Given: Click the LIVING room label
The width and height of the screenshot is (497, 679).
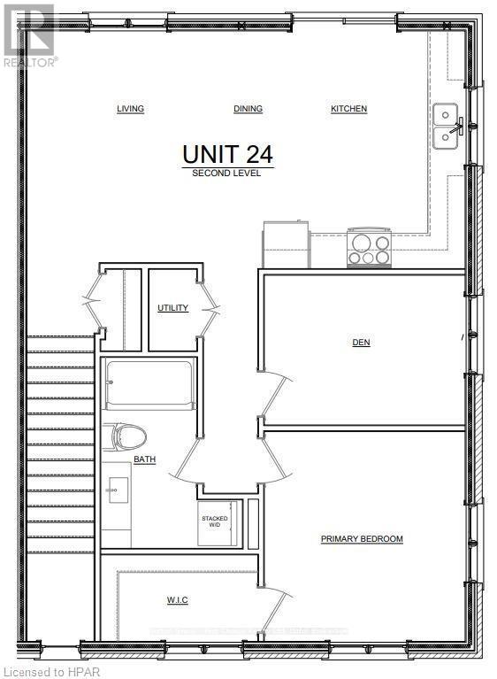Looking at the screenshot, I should [x=130, y=109].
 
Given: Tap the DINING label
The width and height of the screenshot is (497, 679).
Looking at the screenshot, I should [x=248, y=109].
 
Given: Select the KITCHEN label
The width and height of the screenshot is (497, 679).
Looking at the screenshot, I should [x=348, y=109].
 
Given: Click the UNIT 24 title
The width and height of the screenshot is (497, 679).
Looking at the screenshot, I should [x=227, y=153].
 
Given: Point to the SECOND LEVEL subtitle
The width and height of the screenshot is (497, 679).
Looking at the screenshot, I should [x=227, y=173].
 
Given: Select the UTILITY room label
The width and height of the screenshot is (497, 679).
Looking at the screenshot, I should [x=172, y=308].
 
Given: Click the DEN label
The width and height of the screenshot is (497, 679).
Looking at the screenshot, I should [x=361, y=342].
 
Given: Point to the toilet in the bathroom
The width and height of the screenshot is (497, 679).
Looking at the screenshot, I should [x=128, y=436].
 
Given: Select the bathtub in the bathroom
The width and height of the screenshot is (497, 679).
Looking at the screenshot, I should [x=149, y=386].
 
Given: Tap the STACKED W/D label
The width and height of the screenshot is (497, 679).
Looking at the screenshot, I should [x=215, y=521].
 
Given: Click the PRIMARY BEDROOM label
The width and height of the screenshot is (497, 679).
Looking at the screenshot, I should [x=362, y=539].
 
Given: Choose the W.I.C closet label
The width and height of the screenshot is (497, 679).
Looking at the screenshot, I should [x=177, y=600].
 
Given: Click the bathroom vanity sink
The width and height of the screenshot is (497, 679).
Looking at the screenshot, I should [x=116, y=487].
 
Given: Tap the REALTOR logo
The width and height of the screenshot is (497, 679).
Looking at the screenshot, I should [x=30, y=35].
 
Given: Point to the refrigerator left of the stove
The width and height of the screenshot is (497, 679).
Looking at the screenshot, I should [x=283, y=243].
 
